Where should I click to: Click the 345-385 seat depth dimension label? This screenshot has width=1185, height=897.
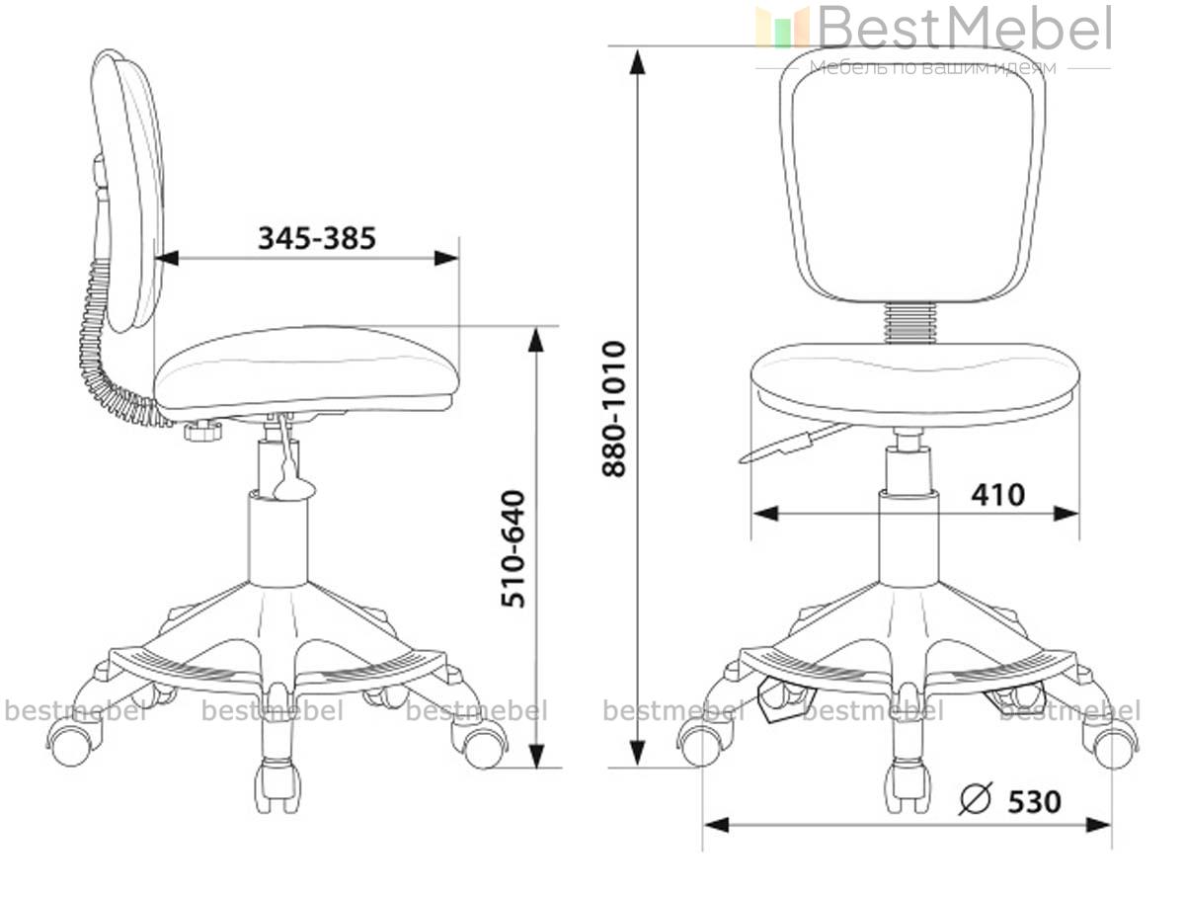tap(316, 238)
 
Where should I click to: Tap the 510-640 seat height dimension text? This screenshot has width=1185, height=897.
tap(513, 548)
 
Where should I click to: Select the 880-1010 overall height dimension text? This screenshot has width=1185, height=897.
tap(614, 409)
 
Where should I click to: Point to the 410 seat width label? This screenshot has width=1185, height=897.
tap(997, 495)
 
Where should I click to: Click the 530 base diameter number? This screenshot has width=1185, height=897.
tap(1034, 802)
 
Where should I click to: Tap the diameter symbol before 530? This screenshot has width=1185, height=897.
tap(975, 798)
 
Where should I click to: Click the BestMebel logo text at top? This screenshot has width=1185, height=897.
tap(964, 28)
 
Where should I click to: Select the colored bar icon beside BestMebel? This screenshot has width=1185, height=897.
tap(782, 27)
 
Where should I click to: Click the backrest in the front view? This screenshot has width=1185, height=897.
tap(912, 176)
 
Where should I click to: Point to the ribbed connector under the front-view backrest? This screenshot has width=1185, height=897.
tap(909, 322)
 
